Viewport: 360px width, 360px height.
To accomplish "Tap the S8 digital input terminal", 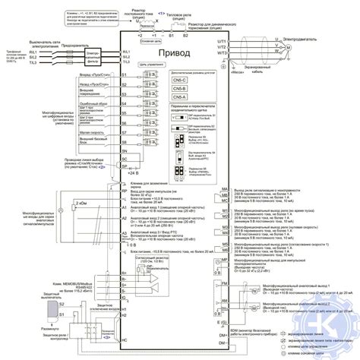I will tap(123, 141).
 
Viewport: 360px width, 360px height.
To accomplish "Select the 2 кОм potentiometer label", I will tap(81, 204).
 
